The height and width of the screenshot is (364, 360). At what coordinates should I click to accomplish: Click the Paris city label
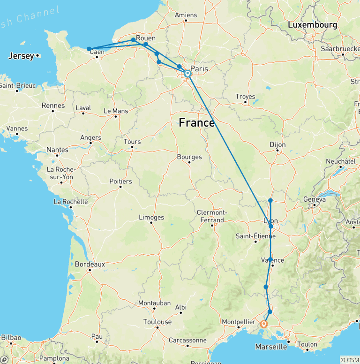(199, 68)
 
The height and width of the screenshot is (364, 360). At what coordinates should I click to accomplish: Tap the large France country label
(197, 123)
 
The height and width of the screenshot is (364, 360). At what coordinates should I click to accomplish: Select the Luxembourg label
(313, 24)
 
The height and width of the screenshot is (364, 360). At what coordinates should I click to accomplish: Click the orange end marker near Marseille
(264, 324)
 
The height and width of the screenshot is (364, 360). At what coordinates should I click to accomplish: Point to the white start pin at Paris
(187, 74)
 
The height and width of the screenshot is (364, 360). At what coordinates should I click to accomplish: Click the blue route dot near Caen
(89, 49)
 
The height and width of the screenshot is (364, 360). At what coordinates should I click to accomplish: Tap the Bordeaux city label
(90, 264)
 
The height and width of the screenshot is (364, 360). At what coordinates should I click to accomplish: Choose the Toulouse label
(157, 322)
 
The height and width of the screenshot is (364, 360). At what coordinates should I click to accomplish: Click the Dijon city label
(277, 145)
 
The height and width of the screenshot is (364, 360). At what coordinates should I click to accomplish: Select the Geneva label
(315, 199)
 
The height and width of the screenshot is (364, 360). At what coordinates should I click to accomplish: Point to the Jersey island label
(21, 56)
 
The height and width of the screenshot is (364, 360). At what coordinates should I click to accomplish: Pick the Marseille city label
(271, 347)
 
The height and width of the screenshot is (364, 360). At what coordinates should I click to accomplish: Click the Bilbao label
(11, 337)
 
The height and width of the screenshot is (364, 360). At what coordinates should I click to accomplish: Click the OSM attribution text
(350, 360)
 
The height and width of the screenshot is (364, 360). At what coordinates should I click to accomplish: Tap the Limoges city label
(151, 217)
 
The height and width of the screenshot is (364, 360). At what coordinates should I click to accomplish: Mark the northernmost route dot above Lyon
(270, 201)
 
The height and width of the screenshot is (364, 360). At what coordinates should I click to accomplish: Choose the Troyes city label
(245, 97)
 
